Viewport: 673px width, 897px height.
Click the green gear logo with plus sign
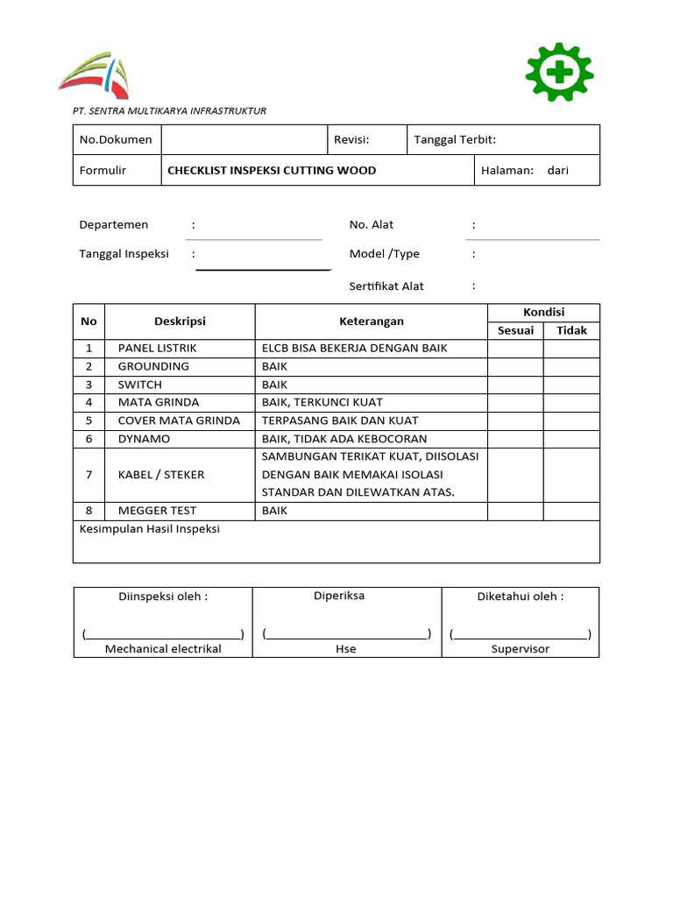[x=559, y=72]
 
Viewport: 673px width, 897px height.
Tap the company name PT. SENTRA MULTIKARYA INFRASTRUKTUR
[x=169, y=111]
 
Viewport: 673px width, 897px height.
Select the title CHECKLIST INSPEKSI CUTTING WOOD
[x=272, y=171]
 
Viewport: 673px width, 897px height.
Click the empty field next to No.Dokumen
[x=243, y=139]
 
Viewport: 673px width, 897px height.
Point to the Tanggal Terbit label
[x=455, y=139]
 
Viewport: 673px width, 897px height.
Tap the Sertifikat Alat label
[x=386, y=286]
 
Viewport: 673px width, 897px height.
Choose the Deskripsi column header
[x=180, y=321]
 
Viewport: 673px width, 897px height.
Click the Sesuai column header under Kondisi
[x=515, y=330]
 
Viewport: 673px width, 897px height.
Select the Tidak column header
[x=571, y=330]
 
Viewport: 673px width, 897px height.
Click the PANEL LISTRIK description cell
[x=158, y=349]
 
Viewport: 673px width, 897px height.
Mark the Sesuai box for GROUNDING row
[x=515, y=367]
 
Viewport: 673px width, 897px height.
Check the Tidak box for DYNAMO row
[x=571, y=439]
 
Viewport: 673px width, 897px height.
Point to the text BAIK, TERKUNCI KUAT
[x=322, y=403]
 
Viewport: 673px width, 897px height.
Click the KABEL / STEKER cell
[x=161, y=475]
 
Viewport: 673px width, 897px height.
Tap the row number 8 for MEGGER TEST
[x=89, y=511]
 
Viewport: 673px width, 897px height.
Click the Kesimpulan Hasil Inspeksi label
[x=150, y=529]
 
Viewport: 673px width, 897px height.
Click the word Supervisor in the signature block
[x=520, y=649]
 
